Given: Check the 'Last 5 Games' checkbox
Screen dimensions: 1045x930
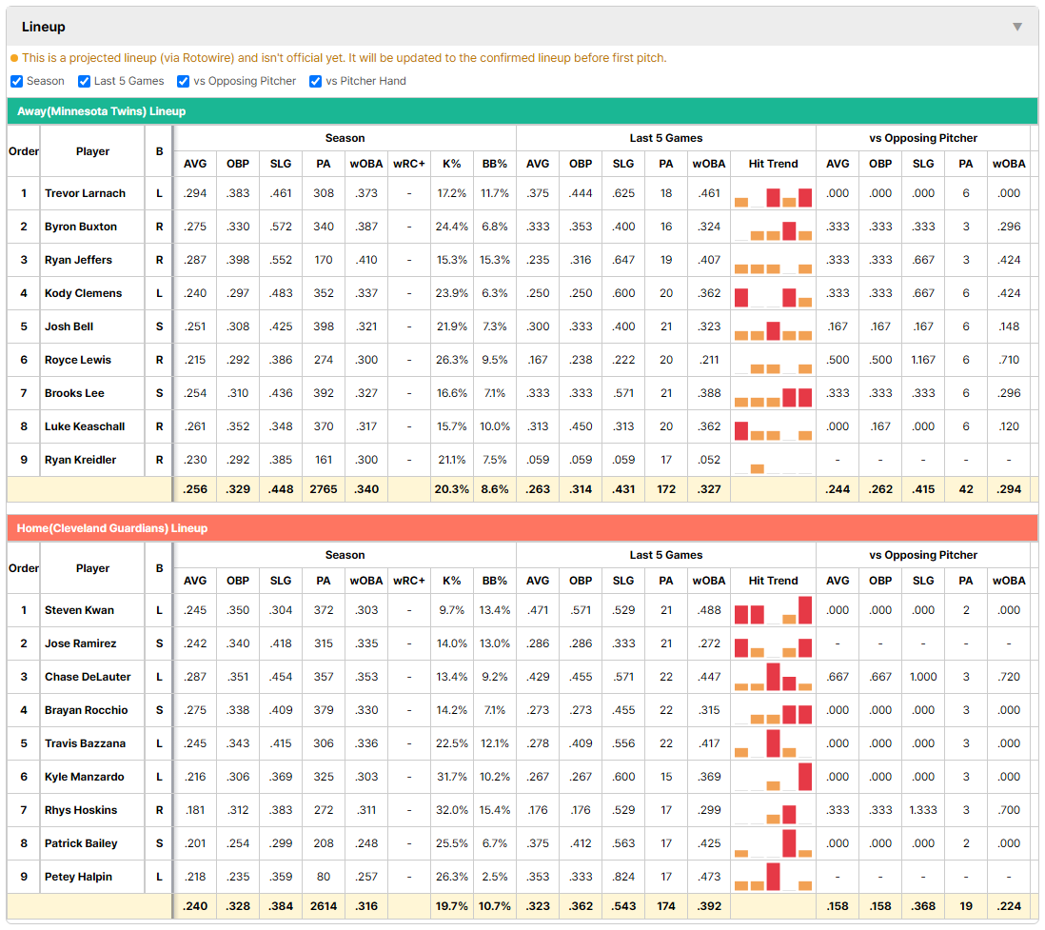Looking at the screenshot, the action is (84, 81).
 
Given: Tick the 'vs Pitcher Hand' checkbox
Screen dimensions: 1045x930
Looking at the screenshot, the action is (315, 81).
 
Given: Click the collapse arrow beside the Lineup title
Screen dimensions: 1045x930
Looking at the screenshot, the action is (1017, 27).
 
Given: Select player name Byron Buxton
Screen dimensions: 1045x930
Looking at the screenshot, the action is (81, 227).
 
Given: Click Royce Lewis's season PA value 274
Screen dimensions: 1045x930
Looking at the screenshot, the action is (324, 360).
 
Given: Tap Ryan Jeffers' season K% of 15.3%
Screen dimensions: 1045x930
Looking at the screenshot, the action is (451, 260).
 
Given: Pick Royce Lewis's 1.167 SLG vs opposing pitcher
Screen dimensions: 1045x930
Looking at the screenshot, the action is (923, 360).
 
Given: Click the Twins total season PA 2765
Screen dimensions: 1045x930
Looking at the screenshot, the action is (324, 489).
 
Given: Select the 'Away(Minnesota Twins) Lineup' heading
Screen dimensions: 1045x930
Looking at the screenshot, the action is (101, 111).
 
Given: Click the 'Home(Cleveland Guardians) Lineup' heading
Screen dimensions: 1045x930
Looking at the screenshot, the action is (112, 528).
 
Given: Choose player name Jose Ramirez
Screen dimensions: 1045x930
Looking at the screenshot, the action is (80, 643).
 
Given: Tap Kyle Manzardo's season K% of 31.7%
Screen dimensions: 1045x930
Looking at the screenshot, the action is (451, 777).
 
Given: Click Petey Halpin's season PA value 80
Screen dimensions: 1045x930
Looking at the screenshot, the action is (324, 877).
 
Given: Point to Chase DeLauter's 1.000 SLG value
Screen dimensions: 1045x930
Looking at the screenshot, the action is (923, 677).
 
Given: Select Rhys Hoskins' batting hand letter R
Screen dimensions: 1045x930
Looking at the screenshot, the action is (159, 810).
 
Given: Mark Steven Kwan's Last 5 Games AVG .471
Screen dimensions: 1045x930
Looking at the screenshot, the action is (537, 610).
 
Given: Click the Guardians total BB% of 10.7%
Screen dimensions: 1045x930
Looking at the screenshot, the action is (495, 906).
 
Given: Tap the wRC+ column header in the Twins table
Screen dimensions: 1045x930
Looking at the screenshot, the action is (408, 164).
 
